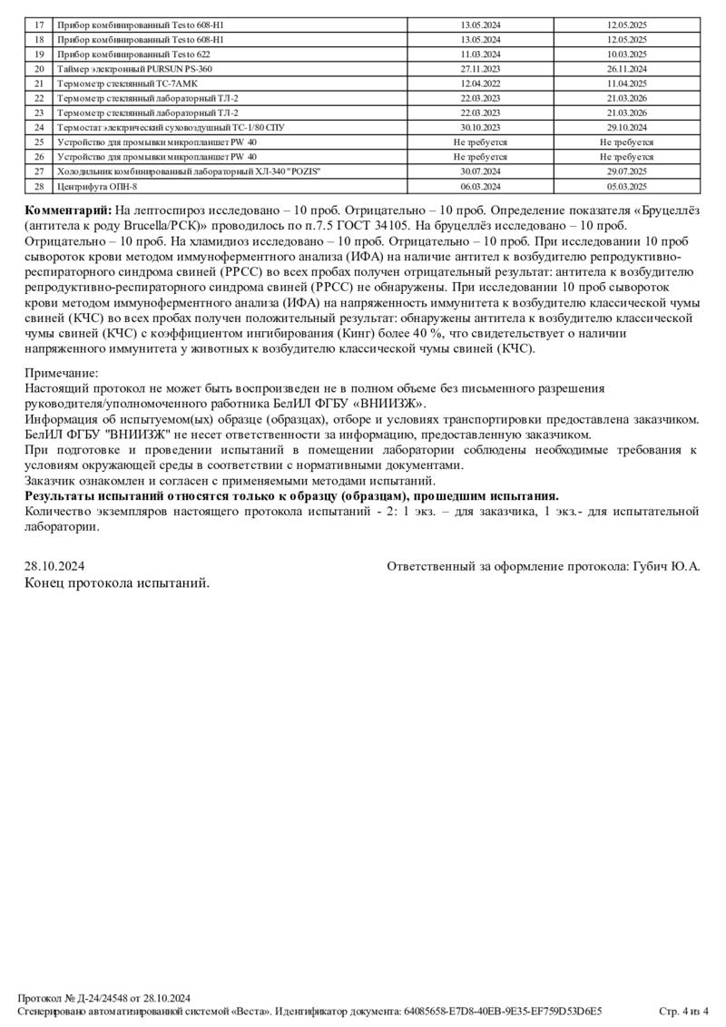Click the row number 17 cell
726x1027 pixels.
(x=38, y=25)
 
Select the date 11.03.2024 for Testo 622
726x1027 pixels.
(x=481, y=54)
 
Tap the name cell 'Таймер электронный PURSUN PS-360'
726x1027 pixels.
(x=134, y=69)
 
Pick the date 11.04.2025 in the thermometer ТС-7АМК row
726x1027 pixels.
(x=626, y=83)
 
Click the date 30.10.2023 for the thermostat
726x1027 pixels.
(x=481, y=128)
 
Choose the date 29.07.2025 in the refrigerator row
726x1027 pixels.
(x=626, y=172)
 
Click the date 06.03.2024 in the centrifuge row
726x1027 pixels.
(x=481, y=187)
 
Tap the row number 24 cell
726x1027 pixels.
(x=38, y=128)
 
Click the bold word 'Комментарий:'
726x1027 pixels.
(x=70, y=210)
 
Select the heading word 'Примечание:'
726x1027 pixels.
(x=61, y=373)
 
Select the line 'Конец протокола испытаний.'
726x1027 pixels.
(x=117, y=582)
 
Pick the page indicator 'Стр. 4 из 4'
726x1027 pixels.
(x=683, y=1011)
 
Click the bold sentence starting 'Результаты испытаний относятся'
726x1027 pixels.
(x=291, y=495)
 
